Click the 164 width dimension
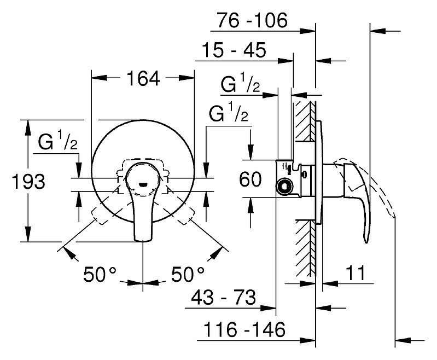(143, 78)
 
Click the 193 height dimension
(28, 182)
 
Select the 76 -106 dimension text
(252, 20)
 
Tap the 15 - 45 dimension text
(234, 50)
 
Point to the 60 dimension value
(250, 179)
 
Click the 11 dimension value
(355, 273)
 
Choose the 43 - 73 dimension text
(223, 297)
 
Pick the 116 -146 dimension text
(244, 329)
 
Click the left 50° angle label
(100, 274)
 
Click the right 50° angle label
(188, 274)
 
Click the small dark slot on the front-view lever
(143, 184)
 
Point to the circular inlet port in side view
(284, 186)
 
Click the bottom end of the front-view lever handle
(143, 240)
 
